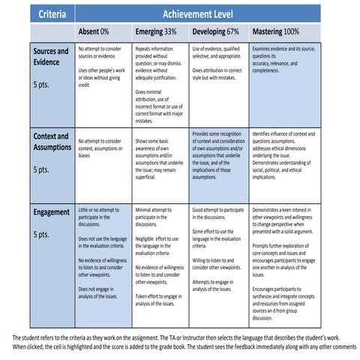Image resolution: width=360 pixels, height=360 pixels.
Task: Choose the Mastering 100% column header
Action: [281, 33]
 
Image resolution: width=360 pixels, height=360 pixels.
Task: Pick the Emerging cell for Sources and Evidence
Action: [160, 82]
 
